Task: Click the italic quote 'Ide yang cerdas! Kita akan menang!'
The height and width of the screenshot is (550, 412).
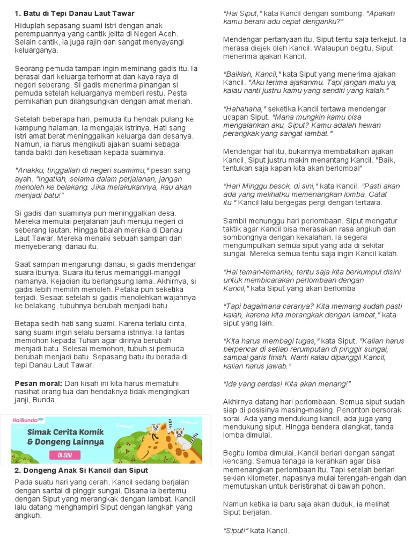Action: [286, 383]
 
